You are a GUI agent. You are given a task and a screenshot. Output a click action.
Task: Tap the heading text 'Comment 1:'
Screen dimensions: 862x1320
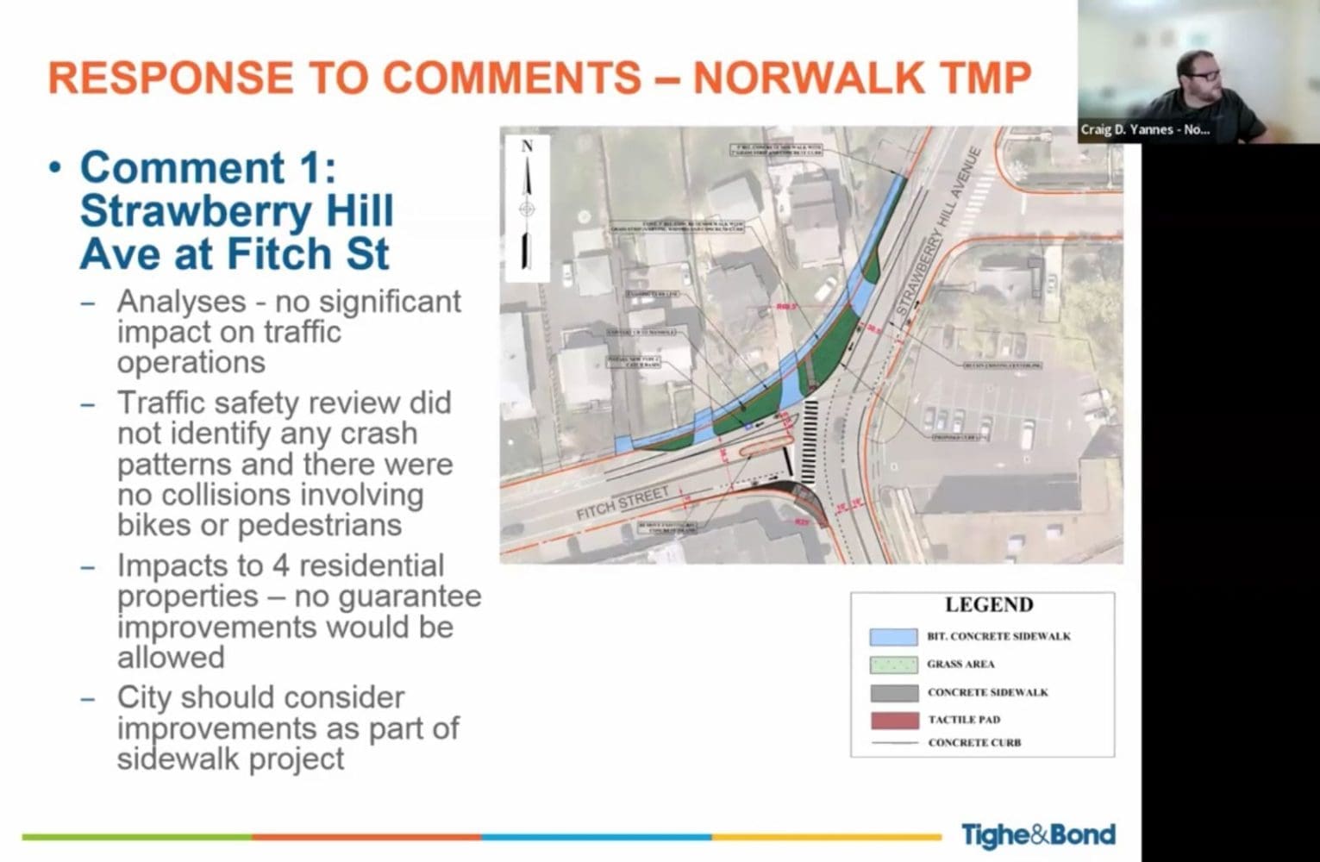pyautogui.click(x=207, y=166)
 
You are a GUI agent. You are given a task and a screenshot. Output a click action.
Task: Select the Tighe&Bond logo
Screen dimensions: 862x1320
pyautogui.click(x=1038, y=834)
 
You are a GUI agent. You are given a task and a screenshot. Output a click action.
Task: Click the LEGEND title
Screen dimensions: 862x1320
pyautogui.click(x=989, y=605)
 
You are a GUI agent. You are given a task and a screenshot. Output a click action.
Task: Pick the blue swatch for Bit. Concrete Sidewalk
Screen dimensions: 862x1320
pyautogui.click(x=893, y=637)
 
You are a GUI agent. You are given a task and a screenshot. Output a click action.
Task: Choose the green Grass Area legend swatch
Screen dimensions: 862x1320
pyautogui.click(x=893, y=665)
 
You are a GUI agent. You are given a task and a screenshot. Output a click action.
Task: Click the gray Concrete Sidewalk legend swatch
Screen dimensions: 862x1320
pyautogui.click(x=893, y=693)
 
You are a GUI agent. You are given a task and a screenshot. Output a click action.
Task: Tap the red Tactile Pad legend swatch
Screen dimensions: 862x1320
pyautogui.click(x=893, y=720)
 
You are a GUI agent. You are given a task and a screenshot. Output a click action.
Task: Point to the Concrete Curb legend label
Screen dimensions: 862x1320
pyautogui.click(x=974, y=743)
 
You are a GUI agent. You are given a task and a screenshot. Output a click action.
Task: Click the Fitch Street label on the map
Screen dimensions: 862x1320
pyautogui.click(x=622, y=503)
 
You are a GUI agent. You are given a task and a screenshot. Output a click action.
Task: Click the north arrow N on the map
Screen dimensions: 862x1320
pyautogui.click(x=527, y=147)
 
